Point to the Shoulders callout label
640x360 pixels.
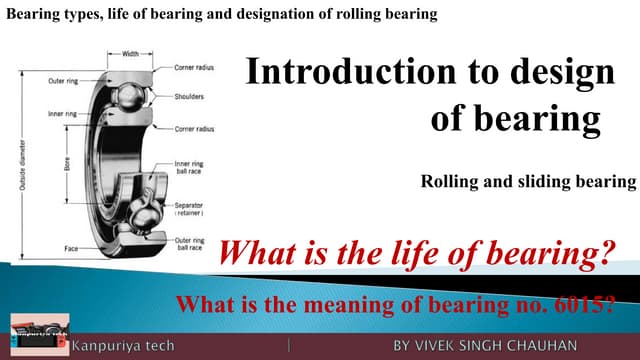pos(190,98)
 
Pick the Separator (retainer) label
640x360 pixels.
pos(188,209)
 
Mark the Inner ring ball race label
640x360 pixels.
pos(188,168)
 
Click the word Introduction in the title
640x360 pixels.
pos(336,73)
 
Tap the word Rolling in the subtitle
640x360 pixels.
pos(448,182)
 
